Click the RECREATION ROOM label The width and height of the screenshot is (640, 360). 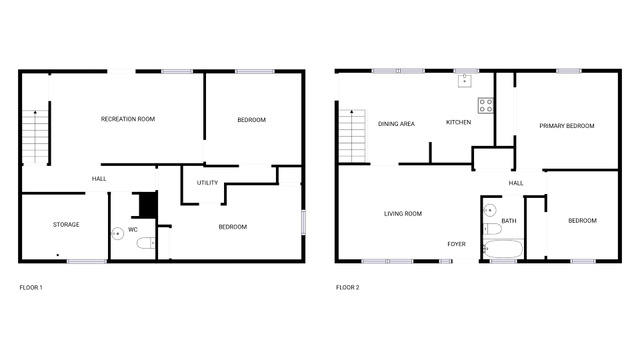coord(128,119)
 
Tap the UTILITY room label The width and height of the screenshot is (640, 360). coord(207,183)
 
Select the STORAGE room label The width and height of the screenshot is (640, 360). coord(66,224)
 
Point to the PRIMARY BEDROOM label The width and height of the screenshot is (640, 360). coord(567,126)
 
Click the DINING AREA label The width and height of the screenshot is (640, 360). coord(396,124)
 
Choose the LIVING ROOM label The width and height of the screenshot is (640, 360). coord(403,213)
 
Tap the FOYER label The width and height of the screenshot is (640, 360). coord(456,244)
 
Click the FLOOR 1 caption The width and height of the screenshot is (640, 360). coord(31,287)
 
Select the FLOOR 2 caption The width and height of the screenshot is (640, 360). coord(348,287)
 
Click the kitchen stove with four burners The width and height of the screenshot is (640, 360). coord(486,105)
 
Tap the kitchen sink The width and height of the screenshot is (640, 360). coord(464,81)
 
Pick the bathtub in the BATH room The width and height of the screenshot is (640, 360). coord(502,249)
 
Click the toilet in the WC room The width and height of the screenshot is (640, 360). coord(146,243)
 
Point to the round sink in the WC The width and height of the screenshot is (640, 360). coord(118,233)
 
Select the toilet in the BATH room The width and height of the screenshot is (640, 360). coord(492,229)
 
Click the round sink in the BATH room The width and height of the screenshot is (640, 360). coord(489,210)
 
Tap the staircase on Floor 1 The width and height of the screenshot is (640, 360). coord(36,137)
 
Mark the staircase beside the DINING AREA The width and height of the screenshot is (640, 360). coord(352,136)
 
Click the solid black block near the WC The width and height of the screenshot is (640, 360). coord(148,204)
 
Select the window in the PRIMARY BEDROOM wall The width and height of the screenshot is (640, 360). coord(569,71)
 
